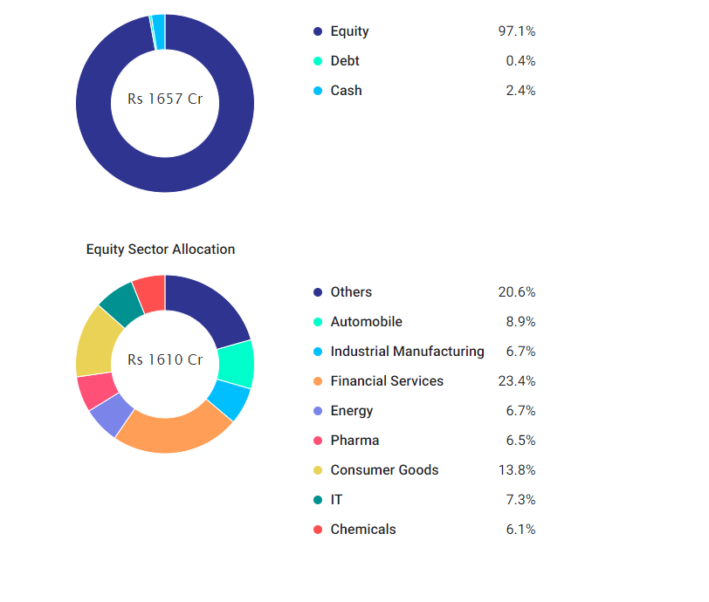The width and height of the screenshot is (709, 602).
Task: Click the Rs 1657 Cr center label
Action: (x=165, y=99)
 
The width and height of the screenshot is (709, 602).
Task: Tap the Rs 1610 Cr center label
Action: (x=165, y=359)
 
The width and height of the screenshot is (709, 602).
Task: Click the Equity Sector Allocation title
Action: (x=161, y=250)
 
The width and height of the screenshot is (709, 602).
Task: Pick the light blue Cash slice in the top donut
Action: (x=159, y=20)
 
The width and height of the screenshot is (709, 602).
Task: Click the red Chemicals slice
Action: (x=149, y=291)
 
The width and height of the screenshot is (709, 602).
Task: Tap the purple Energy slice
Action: (x=111, y=416)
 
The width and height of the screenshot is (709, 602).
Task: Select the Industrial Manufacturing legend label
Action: (x=407, y=352)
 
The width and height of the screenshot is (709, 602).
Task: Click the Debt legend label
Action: (x=345, y=61)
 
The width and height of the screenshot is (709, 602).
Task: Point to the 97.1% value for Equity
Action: (x=516, y=31)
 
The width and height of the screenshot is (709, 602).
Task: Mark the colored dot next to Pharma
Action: (x=318, y=441)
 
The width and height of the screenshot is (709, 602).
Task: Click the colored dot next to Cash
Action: (x=318, y=91)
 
